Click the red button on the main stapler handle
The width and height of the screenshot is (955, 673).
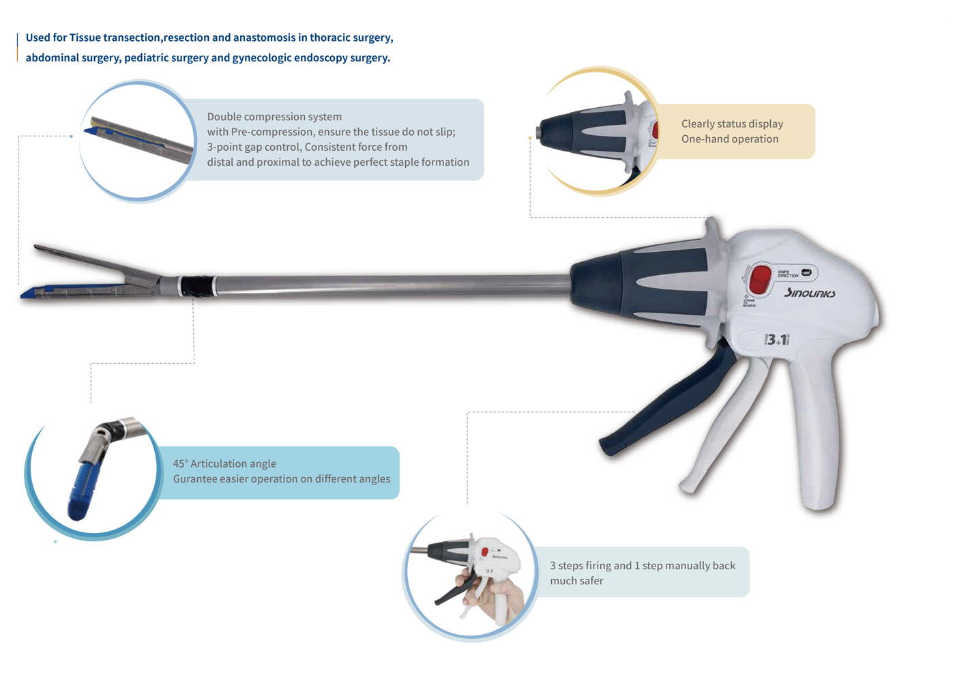(x=760, y=279)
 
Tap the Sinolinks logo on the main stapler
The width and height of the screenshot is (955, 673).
(x=810, y=293)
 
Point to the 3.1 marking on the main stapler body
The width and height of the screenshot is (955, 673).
(x=777, y=339)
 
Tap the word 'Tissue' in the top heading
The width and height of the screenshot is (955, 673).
(x=85, y=38)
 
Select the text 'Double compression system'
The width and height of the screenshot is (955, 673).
(x=274, y=117)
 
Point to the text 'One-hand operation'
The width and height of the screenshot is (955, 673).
(x=729, y=139)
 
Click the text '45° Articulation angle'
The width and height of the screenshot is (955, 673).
(x=224, y=464)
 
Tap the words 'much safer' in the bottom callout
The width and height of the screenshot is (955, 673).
(x=576, y=581)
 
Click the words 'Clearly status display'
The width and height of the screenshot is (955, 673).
(x=732, y=124)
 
